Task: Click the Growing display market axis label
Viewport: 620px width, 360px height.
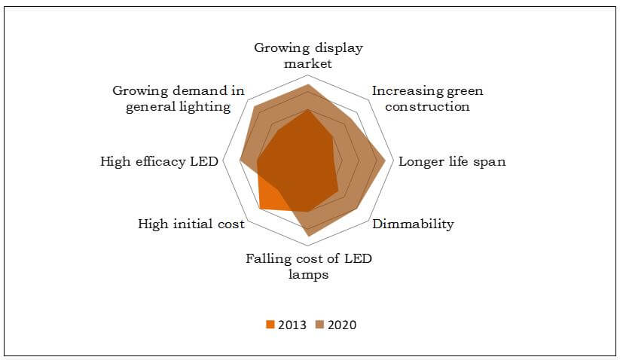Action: click(x=308, y=56)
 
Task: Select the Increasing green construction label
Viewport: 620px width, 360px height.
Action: click(x=427, y=99)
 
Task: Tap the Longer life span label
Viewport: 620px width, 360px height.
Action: click(x=451, y=161)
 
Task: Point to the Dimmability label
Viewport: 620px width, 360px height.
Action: click(x=414, y=224)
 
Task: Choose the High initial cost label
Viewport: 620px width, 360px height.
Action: click(x=191, y=224)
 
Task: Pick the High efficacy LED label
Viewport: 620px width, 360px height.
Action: click(x=158, y=161)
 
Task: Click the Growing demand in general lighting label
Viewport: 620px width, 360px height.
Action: click(x=179, y=99)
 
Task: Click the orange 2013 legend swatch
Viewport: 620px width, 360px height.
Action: click(x=269, y=325)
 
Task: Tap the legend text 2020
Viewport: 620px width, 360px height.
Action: click(x=342, y=325)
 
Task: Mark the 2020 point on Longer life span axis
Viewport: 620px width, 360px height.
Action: click(x=386, y=160)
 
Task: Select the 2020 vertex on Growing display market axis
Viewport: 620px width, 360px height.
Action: click(x=308, y=85)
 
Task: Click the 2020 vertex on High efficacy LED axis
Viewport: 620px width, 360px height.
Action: click(x=240, y=160)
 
